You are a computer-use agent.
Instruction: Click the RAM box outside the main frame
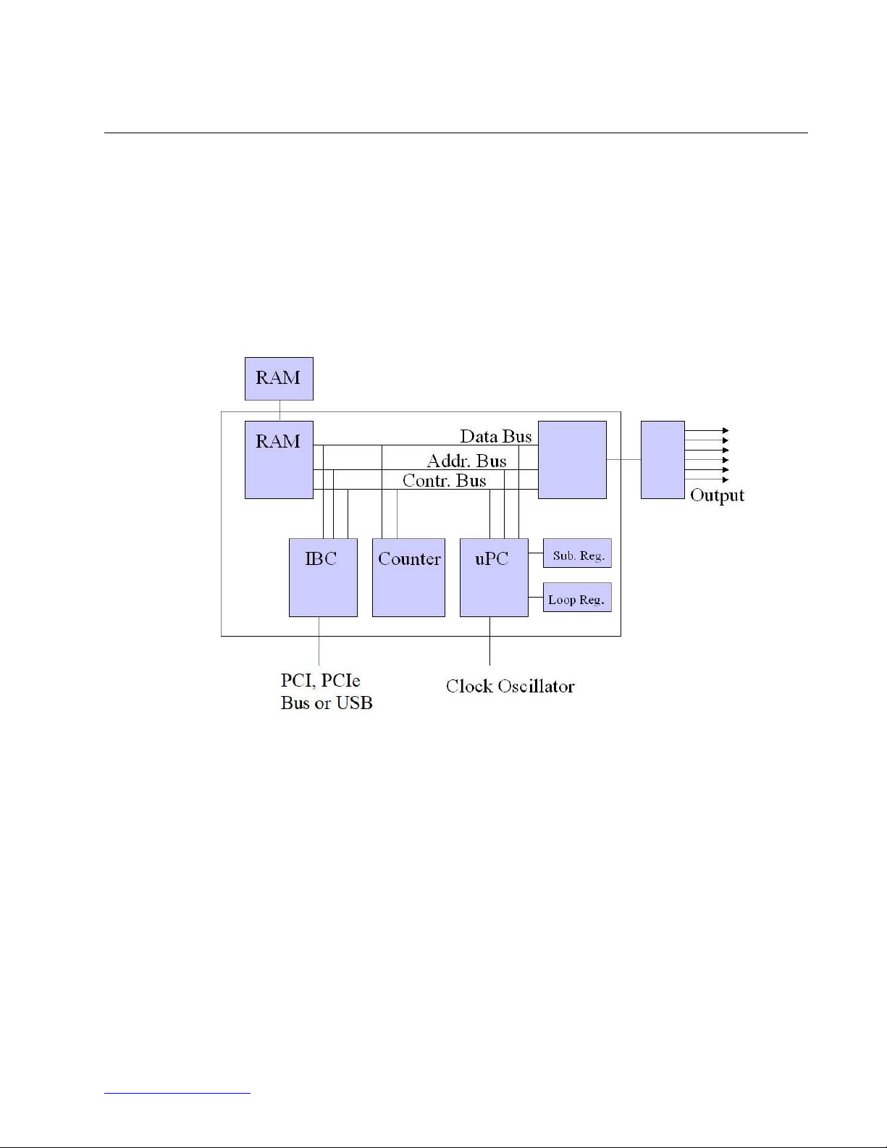(x=279, y=379)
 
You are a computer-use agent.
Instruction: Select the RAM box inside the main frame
(x=279, y=460)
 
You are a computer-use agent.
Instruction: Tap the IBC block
(x=323, y=577)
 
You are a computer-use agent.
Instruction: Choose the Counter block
(x=408, y=577)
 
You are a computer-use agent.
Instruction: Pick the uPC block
(x=494, y=577)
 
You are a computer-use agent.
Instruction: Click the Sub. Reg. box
(x=577, y=553)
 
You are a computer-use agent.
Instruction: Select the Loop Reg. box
(x=577, y=598)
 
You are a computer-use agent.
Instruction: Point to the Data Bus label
(x=496, y=436)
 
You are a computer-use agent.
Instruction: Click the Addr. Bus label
(x=467, y=461)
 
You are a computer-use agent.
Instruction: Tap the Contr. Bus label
(x=444, y=481)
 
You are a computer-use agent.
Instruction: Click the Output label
(x=717, y=495)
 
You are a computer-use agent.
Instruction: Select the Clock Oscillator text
(x=510, y=686)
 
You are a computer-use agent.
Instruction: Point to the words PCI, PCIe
(x=320, y=680)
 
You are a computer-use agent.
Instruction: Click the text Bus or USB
(x=327, y=703)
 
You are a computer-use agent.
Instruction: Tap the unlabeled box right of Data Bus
(x=572, y=460)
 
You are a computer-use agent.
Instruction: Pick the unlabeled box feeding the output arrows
(x=663, y=460)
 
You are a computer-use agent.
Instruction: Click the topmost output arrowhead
(x=726, y=430)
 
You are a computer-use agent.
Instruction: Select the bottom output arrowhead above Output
(x=726, y=479)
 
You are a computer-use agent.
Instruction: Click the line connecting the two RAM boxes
(x=279, y=411)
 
